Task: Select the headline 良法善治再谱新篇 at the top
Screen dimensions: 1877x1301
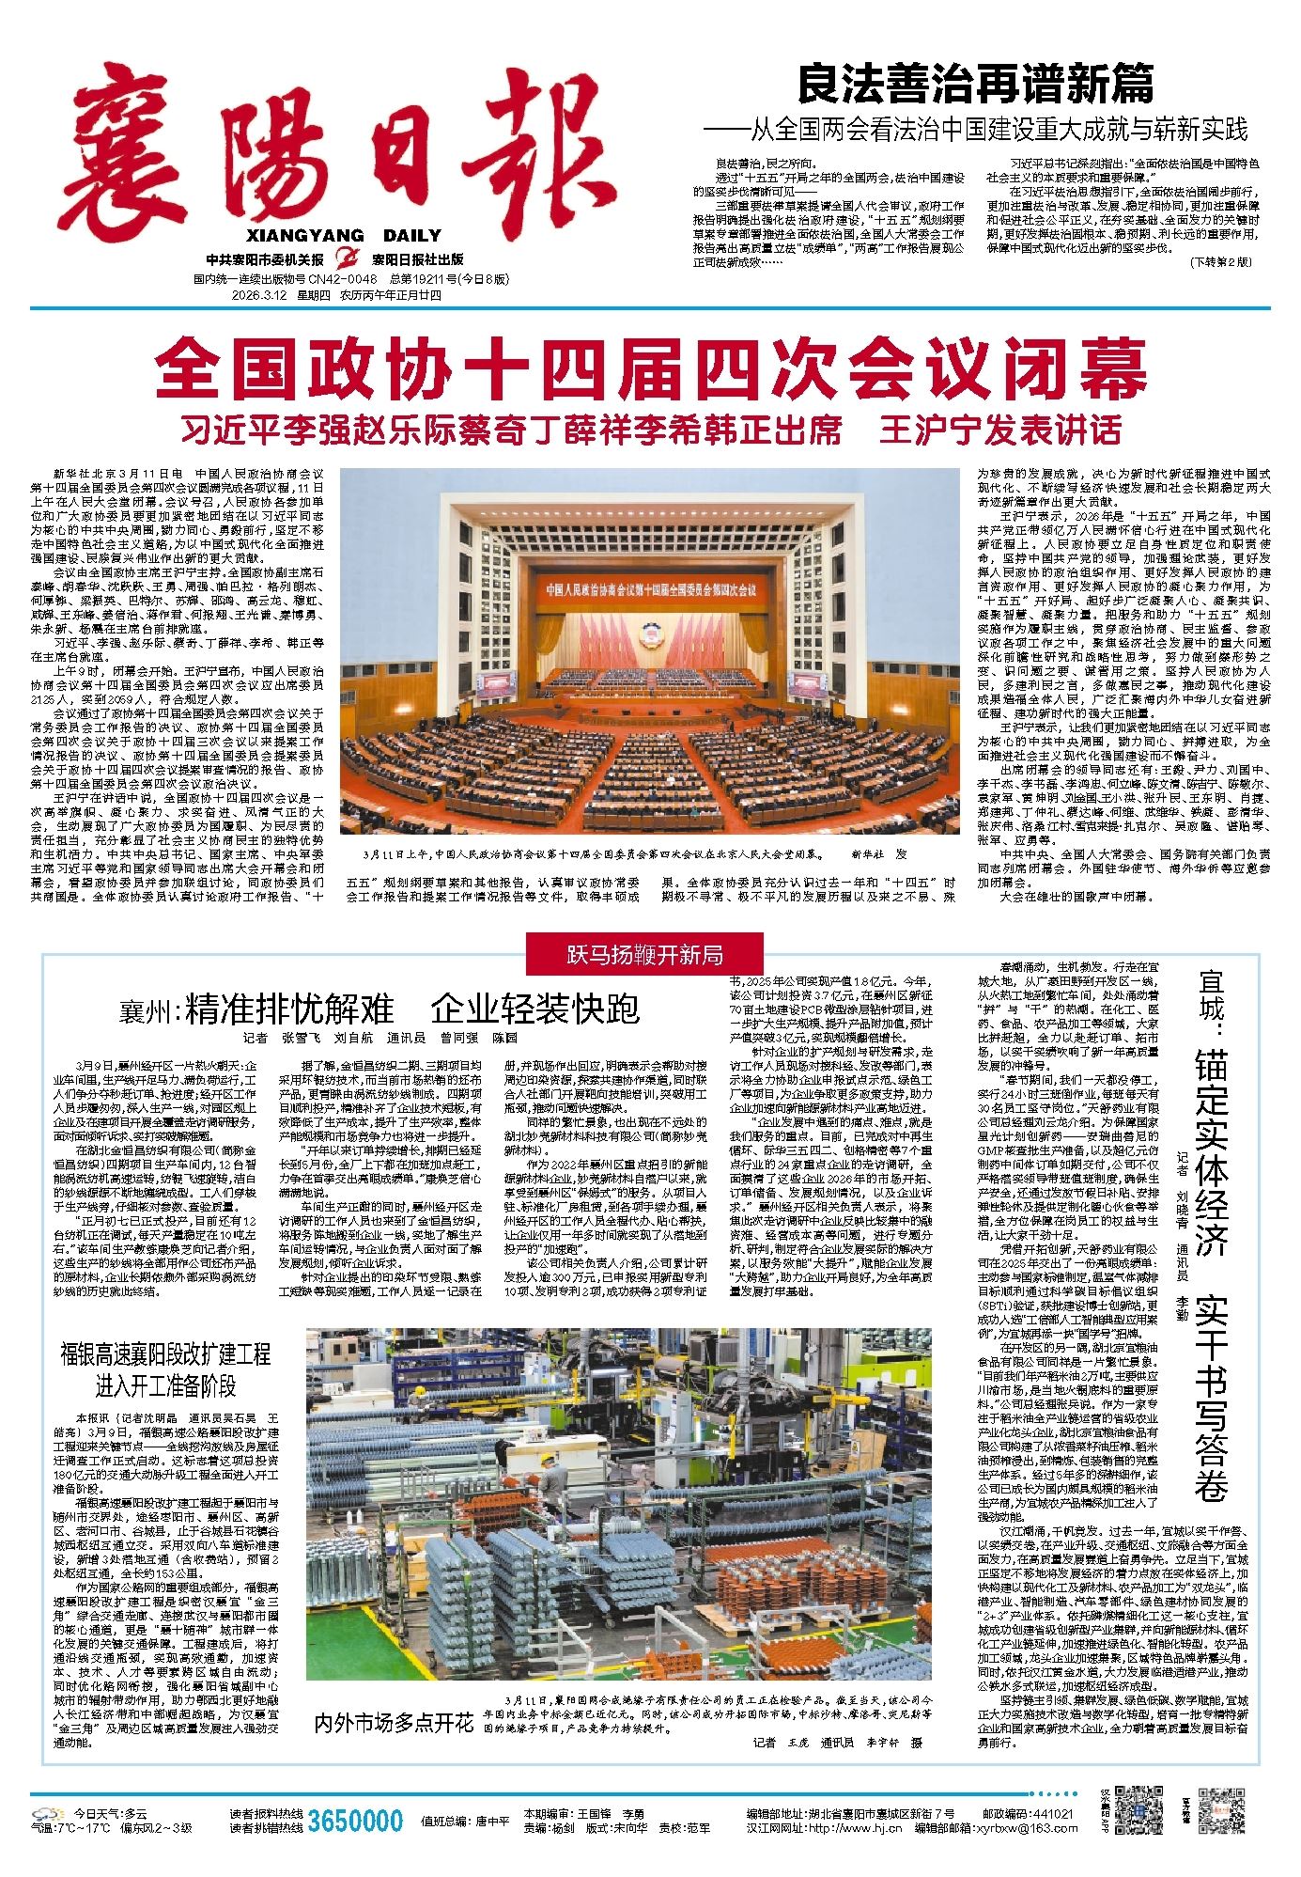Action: click(x=975, y=86)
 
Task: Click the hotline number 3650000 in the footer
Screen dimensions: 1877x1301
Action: click(x=355, y=1821)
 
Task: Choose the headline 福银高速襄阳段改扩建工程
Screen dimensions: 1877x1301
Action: click(x=165, y=1354)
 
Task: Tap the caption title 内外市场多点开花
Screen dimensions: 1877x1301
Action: click(x=394, y=1722)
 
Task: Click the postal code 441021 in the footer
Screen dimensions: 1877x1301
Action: click(x=1052, y=1813)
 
